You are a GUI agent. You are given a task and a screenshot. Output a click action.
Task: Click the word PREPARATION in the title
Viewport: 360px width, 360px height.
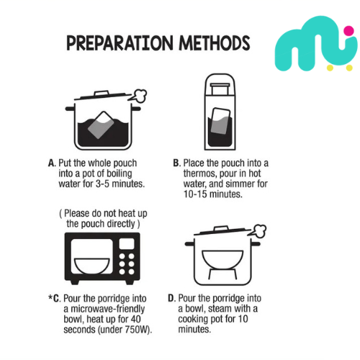(120, 43)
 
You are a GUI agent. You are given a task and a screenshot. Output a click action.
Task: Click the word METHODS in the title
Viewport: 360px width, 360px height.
(215, 43)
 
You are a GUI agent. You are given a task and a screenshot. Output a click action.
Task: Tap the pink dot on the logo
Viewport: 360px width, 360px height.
(348, 30)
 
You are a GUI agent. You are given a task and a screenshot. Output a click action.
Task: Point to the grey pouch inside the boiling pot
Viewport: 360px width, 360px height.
(101, 125)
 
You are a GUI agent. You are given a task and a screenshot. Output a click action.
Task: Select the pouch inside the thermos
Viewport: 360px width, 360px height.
(220, 121)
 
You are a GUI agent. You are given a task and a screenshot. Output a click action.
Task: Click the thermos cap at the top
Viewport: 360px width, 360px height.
(220, 89)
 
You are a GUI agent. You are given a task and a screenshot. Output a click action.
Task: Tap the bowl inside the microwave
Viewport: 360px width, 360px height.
(92, 266)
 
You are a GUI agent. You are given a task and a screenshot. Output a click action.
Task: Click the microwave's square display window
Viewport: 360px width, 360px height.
(127, 243)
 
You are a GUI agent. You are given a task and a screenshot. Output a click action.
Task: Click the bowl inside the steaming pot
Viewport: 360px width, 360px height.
(222, 258)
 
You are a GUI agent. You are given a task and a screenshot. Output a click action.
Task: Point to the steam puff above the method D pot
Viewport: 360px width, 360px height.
(258, 231)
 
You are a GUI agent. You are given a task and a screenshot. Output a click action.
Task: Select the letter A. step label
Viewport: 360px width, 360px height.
(52, 163)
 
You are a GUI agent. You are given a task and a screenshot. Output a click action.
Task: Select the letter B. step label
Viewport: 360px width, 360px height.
(177, 163)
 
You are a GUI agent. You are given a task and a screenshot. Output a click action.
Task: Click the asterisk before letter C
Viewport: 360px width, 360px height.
(50, 297)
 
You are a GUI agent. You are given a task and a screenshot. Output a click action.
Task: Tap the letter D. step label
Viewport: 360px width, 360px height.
(172, 299)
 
